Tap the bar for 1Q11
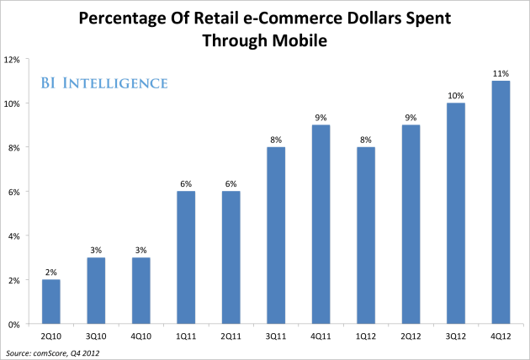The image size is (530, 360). coord(187,257)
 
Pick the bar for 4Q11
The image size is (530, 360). coord(321,225)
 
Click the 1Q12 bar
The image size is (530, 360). coord(365,236)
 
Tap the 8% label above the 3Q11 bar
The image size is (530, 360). coord(276,140)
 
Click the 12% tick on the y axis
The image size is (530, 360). coord(13,60)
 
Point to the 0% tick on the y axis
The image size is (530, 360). coord(14,324)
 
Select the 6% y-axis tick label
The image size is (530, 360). coord(14,192)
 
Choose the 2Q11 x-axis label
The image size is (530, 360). coord(231,334)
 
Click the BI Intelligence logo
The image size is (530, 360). coord(104,82)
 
